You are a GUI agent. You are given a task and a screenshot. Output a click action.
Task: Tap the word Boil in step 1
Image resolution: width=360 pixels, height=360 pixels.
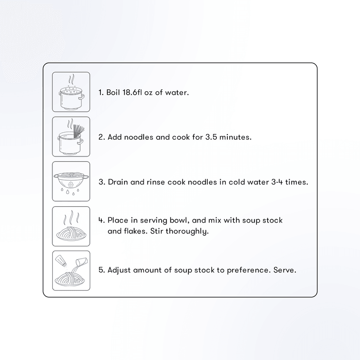coord(113,92)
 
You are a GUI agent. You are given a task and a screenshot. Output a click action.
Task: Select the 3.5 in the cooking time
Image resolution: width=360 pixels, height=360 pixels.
coord(211,137)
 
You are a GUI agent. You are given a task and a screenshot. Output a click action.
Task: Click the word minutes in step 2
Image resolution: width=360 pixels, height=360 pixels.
coord(235,137)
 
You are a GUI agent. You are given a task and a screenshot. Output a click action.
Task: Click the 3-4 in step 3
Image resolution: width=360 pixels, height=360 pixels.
coord(277,182)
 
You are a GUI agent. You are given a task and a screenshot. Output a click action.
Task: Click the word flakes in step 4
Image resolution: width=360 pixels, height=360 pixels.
coord(136,231)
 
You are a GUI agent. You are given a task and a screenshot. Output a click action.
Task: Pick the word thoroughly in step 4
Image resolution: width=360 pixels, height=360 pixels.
coord(187,232)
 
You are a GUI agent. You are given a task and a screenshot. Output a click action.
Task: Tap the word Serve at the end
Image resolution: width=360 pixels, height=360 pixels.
coord(285,270)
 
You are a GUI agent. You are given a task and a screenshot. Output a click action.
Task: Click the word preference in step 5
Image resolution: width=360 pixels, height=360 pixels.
coord(247,270)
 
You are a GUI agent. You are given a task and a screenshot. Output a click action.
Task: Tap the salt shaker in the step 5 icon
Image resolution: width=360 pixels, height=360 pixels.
coord(61,260)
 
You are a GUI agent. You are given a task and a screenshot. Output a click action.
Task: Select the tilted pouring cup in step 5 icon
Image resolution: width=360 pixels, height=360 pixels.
coord(82,261)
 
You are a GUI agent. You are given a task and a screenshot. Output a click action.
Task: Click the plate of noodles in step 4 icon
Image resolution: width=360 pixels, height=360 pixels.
coord(71,234)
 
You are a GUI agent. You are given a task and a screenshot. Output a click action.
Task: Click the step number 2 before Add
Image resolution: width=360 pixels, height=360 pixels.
coord(101,137)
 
